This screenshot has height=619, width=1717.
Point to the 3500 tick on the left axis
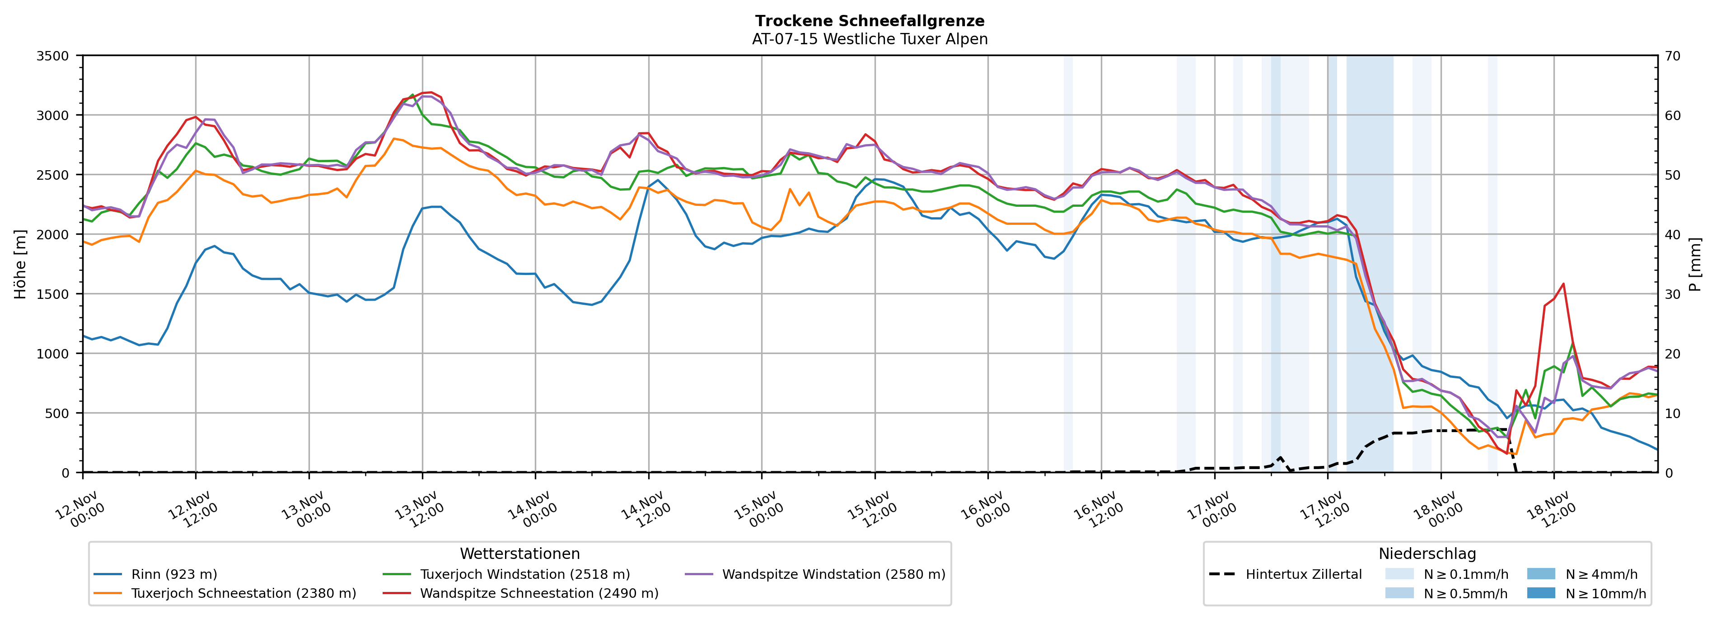(53, 56)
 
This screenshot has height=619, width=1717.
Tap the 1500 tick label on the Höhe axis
(53, 294)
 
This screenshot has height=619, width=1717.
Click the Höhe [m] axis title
(20, 265)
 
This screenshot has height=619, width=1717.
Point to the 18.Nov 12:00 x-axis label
(1551, 510)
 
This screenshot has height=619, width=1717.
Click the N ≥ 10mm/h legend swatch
(1541, 593)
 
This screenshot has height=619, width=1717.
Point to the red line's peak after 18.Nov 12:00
(1563, 284)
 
